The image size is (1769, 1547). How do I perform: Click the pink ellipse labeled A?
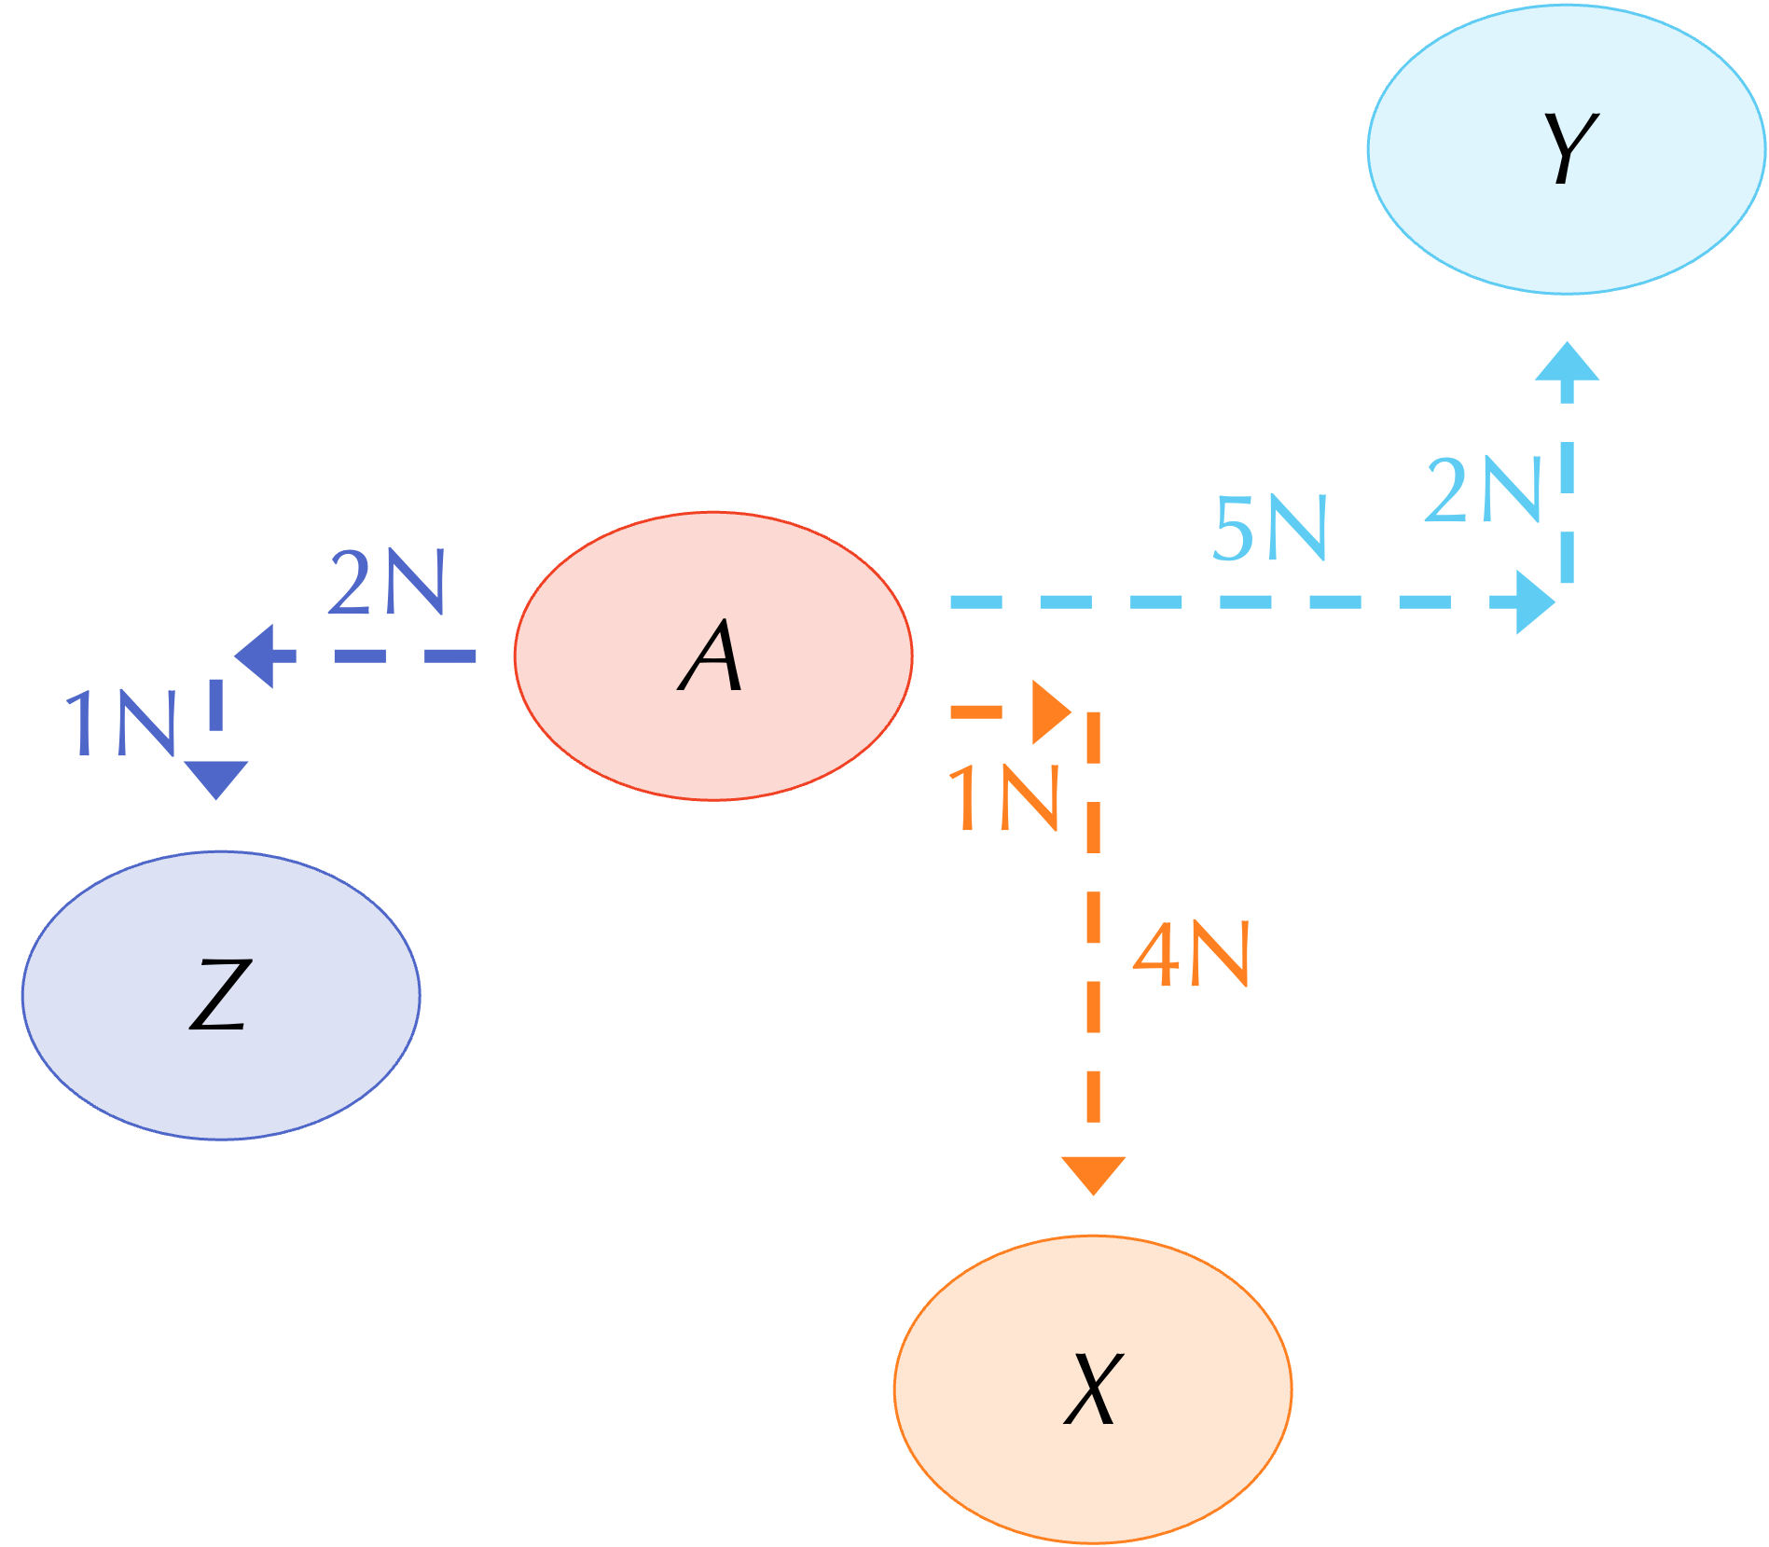click(713, 656)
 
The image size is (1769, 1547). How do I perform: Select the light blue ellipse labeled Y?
click(1567, 149)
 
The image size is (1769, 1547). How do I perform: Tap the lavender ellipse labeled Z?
click(221, 995)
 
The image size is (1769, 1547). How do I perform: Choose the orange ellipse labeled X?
click(1093, 1389)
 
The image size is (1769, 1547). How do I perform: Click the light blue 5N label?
click(1270, 529)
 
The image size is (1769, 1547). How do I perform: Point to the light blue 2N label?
click(1483, 490)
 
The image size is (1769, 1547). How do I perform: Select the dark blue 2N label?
click(387, 583)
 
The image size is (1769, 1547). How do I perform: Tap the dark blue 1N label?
click(121, 723)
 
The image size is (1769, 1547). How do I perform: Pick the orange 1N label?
click(1003, 797)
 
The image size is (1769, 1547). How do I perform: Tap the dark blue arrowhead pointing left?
click(256, 656)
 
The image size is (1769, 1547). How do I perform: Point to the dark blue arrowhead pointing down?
click(216, 778)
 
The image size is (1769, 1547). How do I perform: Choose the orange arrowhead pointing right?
click(1050, 712)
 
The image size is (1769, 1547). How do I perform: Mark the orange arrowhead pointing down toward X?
click(1093, 1173)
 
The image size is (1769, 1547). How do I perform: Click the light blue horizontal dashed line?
click(1212, 602)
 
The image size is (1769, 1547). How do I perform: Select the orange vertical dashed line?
click(1093, 932)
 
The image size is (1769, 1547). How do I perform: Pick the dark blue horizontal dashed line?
click(392, 656)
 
